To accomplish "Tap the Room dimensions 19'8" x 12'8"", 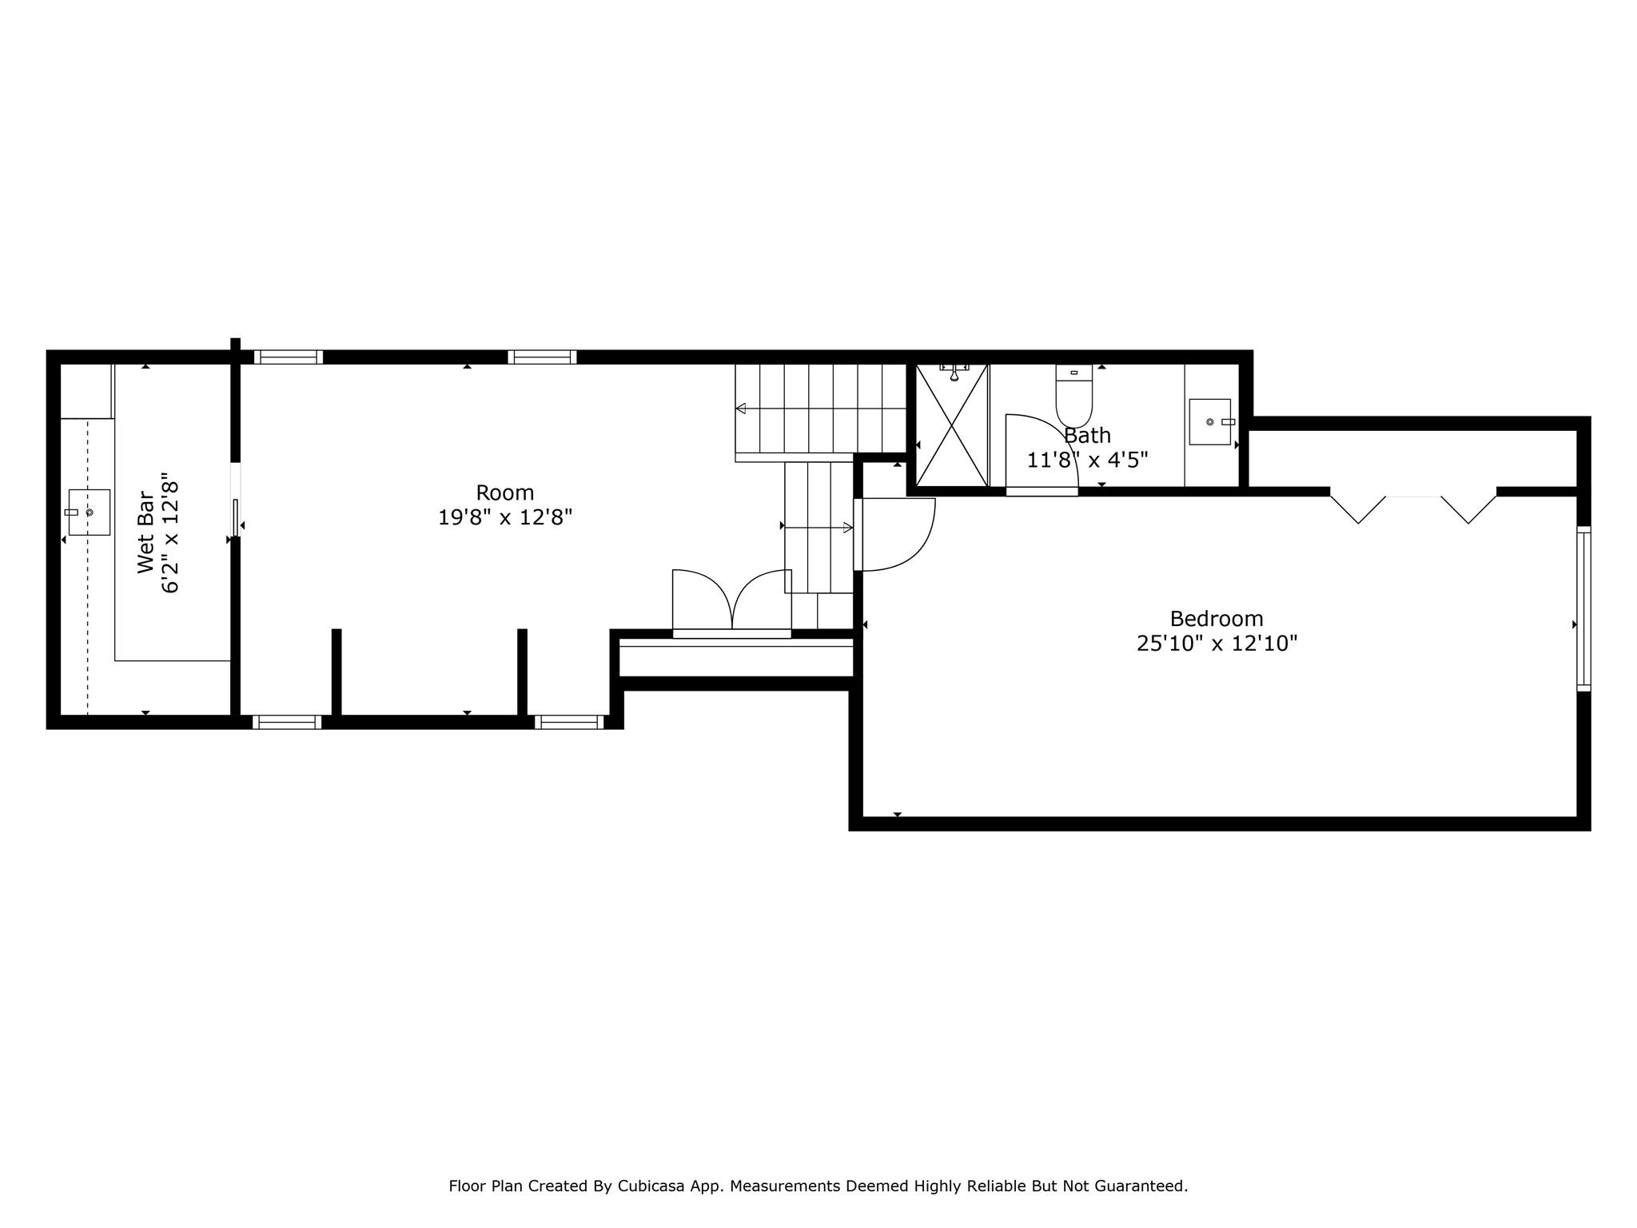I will (x=505, y=518).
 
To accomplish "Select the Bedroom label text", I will (x=1217, y=619).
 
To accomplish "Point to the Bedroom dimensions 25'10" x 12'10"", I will (x=1217, y=644).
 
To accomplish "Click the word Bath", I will (x=1087, y=436).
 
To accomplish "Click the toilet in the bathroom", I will (x=1073, y=396).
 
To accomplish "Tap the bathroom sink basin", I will (x=1209, y=421).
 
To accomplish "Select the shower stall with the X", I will (x=952, y=425).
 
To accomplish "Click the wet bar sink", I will (x=89, y=512).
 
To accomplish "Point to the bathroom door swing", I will (x=1039, y=452).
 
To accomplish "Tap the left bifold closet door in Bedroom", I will (x=1357, y=509).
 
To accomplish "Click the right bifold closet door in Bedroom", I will (x=1469, y=509).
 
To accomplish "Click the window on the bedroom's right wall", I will (x=1583, y=608).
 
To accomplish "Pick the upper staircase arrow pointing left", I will (x=742, y=409).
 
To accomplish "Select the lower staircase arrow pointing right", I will (x=846, y=528).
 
